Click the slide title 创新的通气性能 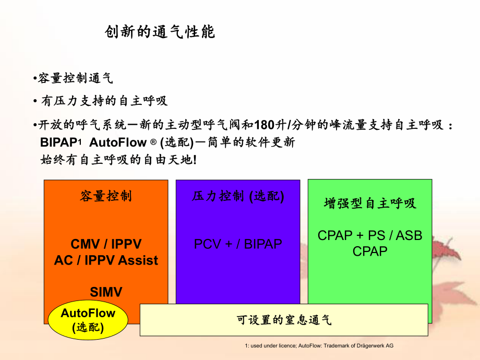(160, 32)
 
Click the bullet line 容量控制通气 (73, 79)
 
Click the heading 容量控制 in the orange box (106, 196)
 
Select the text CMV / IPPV (106, 244)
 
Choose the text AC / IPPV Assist (106, 260)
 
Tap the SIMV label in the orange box (106, 292)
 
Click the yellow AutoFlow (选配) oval (88, 319)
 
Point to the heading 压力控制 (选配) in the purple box (238, 196)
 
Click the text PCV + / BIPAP (238, 244)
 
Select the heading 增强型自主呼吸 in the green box (370, 203)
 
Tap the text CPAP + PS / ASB (370, 236)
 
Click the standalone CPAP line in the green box (370, 251)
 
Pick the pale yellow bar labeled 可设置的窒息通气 (284, 320)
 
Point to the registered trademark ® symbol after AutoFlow (153, 142)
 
